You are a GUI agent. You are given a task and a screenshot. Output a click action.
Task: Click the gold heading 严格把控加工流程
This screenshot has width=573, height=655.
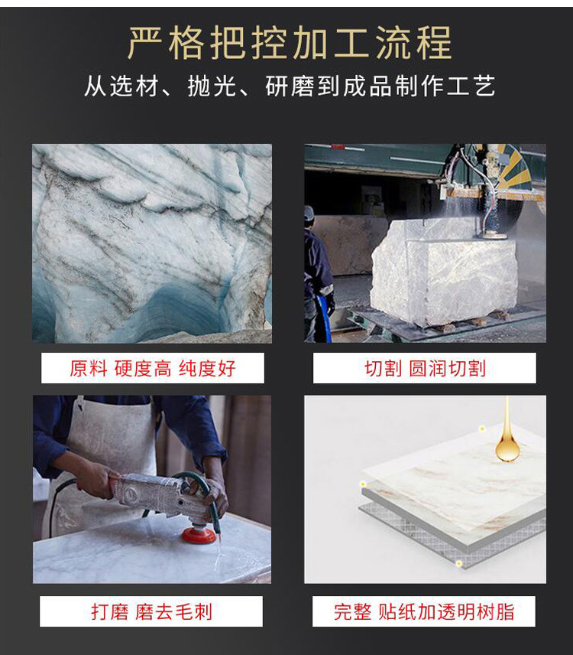(290, 43)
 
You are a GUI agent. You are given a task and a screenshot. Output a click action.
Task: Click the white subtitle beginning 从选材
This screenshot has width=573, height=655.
(290, 86)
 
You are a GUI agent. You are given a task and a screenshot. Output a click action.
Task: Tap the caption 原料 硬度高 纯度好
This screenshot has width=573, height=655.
(153, 368)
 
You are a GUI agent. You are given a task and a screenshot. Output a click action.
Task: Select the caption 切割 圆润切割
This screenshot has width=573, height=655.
(425, 368)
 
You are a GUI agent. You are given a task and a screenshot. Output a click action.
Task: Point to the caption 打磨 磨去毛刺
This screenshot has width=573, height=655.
(152, 611)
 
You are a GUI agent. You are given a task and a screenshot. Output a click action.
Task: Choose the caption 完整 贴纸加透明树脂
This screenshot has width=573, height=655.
(424, 611)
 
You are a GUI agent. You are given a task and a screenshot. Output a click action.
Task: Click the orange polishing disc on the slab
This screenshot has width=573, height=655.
(199, 535)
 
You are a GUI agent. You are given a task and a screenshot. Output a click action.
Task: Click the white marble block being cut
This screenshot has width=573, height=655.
(444, 272)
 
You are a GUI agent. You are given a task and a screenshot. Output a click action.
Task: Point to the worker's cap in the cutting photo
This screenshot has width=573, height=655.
(309, 213)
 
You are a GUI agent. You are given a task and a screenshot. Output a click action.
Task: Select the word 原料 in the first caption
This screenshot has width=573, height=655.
(88, 368)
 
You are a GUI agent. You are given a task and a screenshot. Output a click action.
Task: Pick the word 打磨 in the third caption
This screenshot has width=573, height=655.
(110, 611)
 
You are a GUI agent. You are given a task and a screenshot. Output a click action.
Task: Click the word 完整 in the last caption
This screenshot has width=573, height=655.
(352, 611)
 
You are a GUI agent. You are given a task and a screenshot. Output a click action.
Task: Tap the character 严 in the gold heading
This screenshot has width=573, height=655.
(144, 43)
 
